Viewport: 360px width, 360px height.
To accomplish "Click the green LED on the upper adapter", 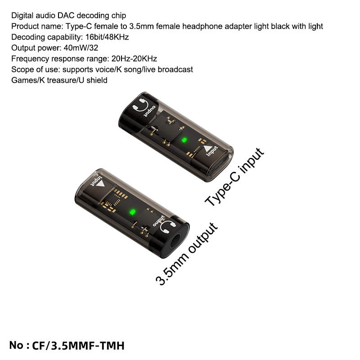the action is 184,140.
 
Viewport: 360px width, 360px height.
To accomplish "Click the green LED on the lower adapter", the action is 132,212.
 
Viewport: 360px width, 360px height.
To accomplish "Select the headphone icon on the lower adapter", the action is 168,227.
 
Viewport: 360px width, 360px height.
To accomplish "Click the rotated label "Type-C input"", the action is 234,177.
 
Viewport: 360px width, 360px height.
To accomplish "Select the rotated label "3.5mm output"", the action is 186,254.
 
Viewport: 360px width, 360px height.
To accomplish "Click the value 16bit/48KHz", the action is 107,37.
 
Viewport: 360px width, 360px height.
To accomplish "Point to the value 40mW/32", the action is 81,48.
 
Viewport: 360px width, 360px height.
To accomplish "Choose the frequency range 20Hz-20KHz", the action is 134,58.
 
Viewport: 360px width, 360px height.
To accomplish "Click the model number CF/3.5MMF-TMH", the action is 78,346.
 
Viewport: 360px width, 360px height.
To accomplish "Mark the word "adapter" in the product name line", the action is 238,27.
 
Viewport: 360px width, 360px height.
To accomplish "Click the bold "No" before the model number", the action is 16,345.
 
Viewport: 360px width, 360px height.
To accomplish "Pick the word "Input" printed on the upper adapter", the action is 212,151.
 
